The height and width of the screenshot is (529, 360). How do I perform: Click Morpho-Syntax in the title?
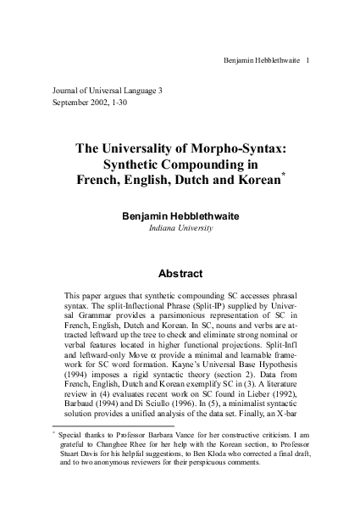246,148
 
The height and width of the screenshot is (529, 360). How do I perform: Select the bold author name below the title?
180,216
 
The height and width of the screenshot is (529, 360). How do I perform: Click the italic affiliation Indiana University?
180,228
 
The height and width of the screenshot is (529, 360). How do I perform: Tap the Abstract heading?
180,274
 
